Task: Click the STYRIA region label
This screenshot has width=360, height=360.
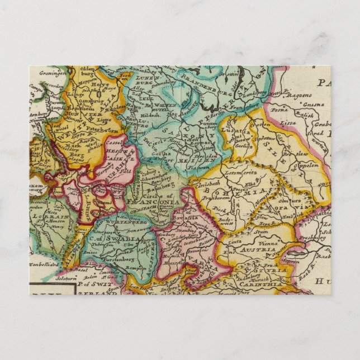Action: (278, 269)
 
